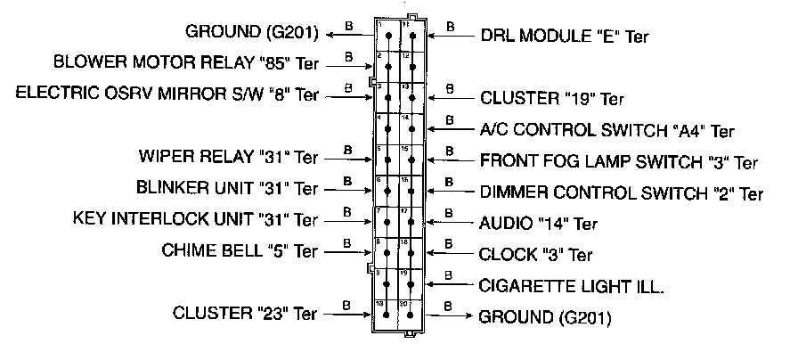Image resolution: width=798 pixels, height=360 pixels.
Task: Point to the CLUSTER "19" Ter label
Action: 552,98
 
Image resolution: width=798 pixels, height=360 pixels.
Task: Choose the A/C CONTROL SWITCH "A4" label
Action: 607,130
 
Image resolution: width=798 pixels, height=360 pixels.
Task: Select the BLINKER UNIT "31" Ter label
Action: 227,188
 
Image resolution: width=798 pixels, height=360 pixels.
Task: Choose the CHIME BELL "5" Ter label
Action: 239,249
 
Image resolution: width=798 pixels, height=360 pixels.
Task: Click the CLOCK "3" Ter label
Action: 535,254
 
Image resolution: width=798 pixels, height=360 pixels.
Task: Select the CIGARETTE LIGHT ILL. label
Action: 572,285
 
